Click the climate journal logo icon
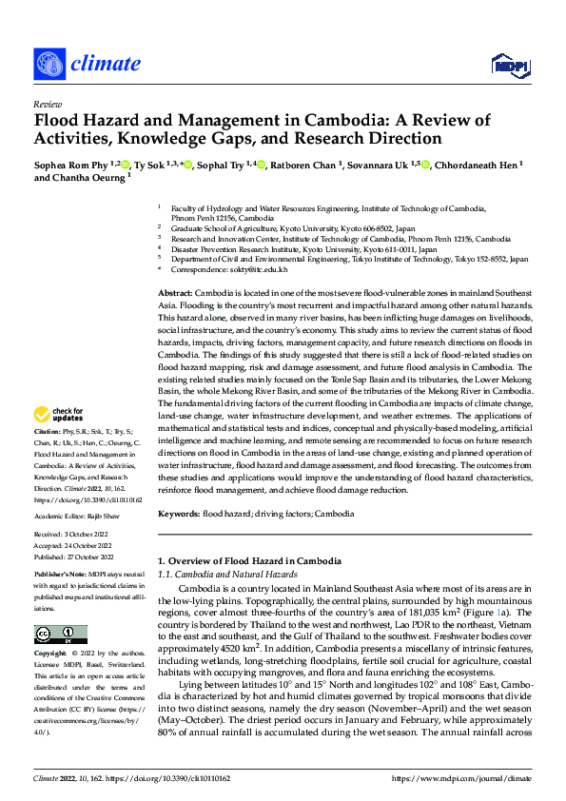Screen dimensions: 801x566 [49, 64]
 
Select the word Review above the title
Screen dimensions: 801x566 [47, 104]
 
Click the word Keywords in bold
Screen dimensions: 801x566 [177, 513]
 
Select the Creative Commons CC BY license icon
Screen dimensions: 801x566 [60, 635]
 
